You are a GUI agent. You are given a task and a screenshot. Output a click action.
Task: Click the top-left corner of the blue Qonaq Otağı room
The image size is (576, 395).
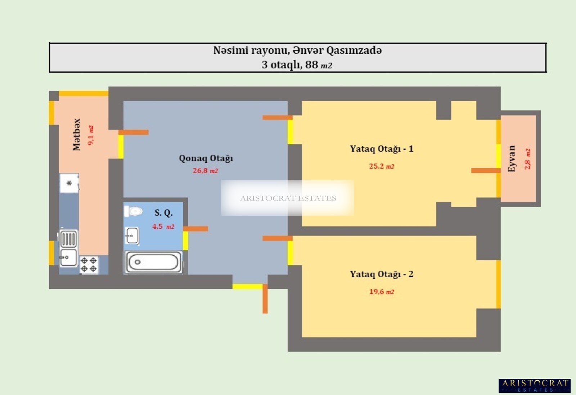click(x=124, y=101)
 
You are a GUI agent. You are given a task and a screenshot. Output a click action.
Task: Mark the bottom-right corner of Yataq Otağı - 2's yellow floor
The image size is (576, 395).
click(x=476, y=337)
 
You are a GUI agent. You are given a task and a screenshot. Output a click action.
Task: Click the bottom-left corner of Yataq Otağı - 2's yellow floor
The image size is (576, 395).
click(x=302, y=337)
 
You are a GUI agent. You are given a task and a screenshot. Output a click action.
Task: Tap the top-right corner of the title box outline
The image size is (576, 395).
click(x=546, y=43)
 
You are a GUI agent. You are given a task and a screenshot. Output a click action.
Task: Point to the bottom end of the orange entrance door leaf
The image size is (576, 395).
click(x=265, y=313)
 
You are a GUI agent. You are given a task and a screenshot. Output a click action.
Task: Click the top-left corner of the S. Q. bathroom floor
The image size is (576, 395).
click(x=124, y=202)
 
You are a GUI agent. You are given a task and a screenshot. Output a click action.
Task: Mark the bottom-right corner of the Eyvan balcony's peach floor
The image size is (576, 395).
click(x=536, y=202)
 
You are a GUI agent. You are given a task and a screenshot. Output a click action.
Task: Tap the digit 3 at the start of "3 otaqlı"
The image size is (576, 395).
click(x=265, y=64)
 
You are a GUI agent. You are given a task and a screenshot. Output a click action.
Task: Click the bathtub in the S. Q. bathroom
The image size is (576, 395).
click(x=153, y=262)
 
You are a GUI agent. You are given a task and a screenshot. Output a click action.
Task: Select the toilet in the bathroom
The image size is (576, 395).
click(x=134, y=211)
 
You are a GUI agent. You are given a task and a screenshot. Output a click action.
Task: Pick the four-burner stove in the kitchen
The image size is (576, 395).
click(x=89, y=265)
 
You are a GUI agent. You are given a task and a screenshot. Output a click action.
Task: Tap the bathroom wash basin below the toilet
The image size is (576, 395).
click(x=132, y=235)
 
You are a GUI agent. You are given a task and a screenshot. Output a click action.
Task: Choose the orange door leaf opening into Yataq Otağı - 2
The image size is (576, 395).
click(x=278, y=238)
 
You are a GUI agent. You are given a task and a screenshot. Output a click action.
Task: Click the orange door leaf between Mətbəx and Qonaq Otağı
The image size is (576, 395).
click(x=134, y=132)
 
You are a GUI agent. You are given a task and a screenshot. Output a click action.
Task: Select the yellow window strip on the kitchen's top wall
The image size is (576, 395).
click(x=84, y=93)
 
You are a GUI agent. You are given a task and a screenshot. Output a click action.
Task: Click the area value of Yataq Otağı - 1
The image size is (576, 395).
click(x=382, y=166)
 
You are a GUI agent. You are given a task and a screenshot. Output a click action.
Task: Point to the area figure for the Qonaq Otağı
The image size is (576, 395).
click(x=206, y=171)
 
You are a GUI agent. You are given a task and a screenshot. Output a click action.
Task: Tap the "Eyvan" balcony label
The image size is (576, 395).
click(x=512, y=159)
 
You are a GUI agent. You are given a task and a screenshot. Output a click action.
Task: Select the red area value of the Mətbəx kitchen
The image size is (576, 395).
click(x=90, y=135)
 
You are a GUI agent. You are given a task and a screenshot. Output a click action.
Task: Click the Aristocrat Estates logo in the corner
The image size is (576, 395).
click(x=535, y=386)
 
